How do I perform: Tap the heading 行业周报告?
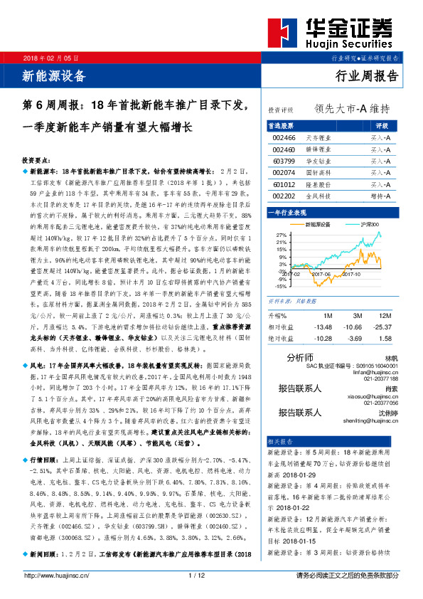366,77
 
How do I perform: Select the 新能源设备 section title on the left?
55,75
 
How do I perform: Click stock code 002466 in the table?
284,137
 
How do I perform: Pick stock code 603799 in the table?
284,161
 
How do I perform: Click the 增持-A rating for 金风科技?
380,196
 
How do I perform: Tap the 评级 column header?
382,125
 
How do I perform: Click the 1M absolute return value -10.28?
323,339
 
